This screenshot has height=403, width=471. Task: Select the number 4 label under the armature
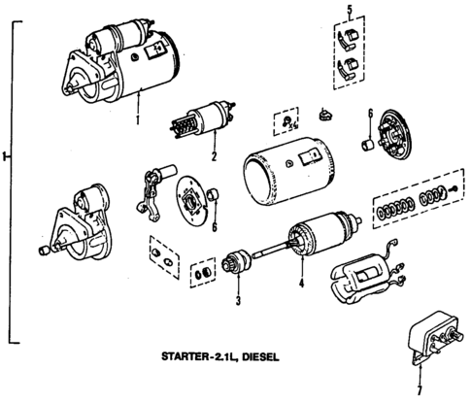click(302, 285)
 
